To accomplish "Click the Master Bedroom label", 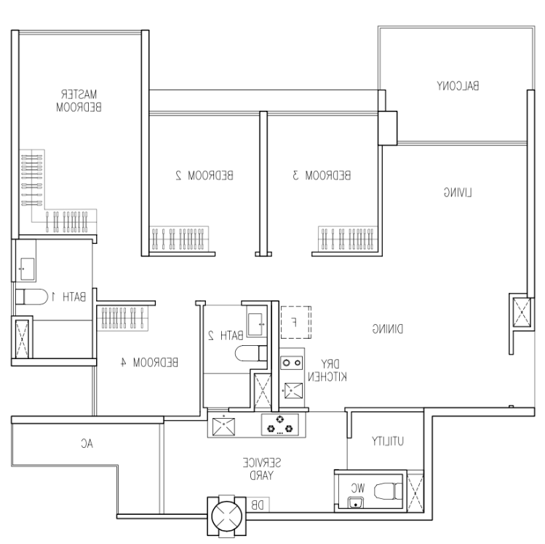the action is (x=79, y=100).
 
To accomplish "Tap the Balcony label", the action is (x=458, y=85).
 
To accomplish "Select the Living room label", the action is (x=458, y=192).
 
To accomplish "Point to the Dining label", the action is (x=388, y=328).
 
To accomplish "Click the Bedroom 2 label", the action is (x=204, y=175).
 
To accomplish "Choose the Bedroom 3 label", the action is (x=322, y=175).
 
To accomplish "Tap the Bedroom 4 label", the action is (x=149, y=363).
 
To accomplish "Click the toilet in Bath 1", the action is (x=31, y=297).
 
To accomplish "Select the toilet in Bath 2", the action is (x=251, y=354).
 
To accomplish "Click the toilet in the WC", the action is (x=388, y=491).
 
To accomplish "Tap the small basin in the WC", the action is (x=356, y=502).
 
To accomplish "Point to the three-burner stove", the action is (x=280, y=425).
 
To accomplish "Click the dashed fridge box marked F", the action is (x=296, y=322).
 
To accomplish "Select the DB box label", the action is (x=258, y=505).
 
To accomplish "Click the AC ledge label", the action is (x=87, y=444).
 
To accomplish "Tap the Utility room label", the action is (x=388, y=441).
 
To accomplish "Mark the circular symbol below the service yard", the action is (x=227, y=516).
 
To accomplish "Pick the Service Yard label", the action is (x=262, y=469).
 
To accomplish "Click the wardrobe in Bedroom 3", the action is (x=348, y=239).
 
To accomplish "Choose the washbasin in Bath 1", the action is (x=28, y=269).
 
